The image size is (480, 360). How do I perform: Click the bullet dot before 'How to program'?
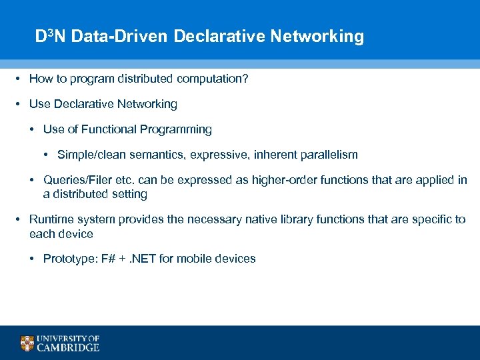point(20,79)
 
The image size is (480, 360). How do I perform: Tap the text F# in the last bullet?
point(106,259)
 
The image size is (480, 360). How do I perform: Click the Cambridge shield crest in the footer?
point(27,343)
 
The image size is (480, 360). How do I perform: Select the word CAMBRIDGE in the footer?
point(68,347)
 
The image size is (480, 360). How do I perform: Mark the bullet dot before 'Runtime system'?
point(20,219)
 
